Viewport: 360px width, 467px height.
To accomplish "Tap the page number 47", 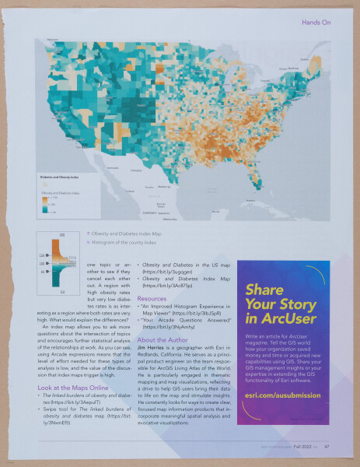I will pyautogui.click(x=328, y=447).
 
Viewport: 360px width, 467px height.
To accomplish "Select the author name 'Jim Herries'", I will pyautogui.click(x=153, y=348).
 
